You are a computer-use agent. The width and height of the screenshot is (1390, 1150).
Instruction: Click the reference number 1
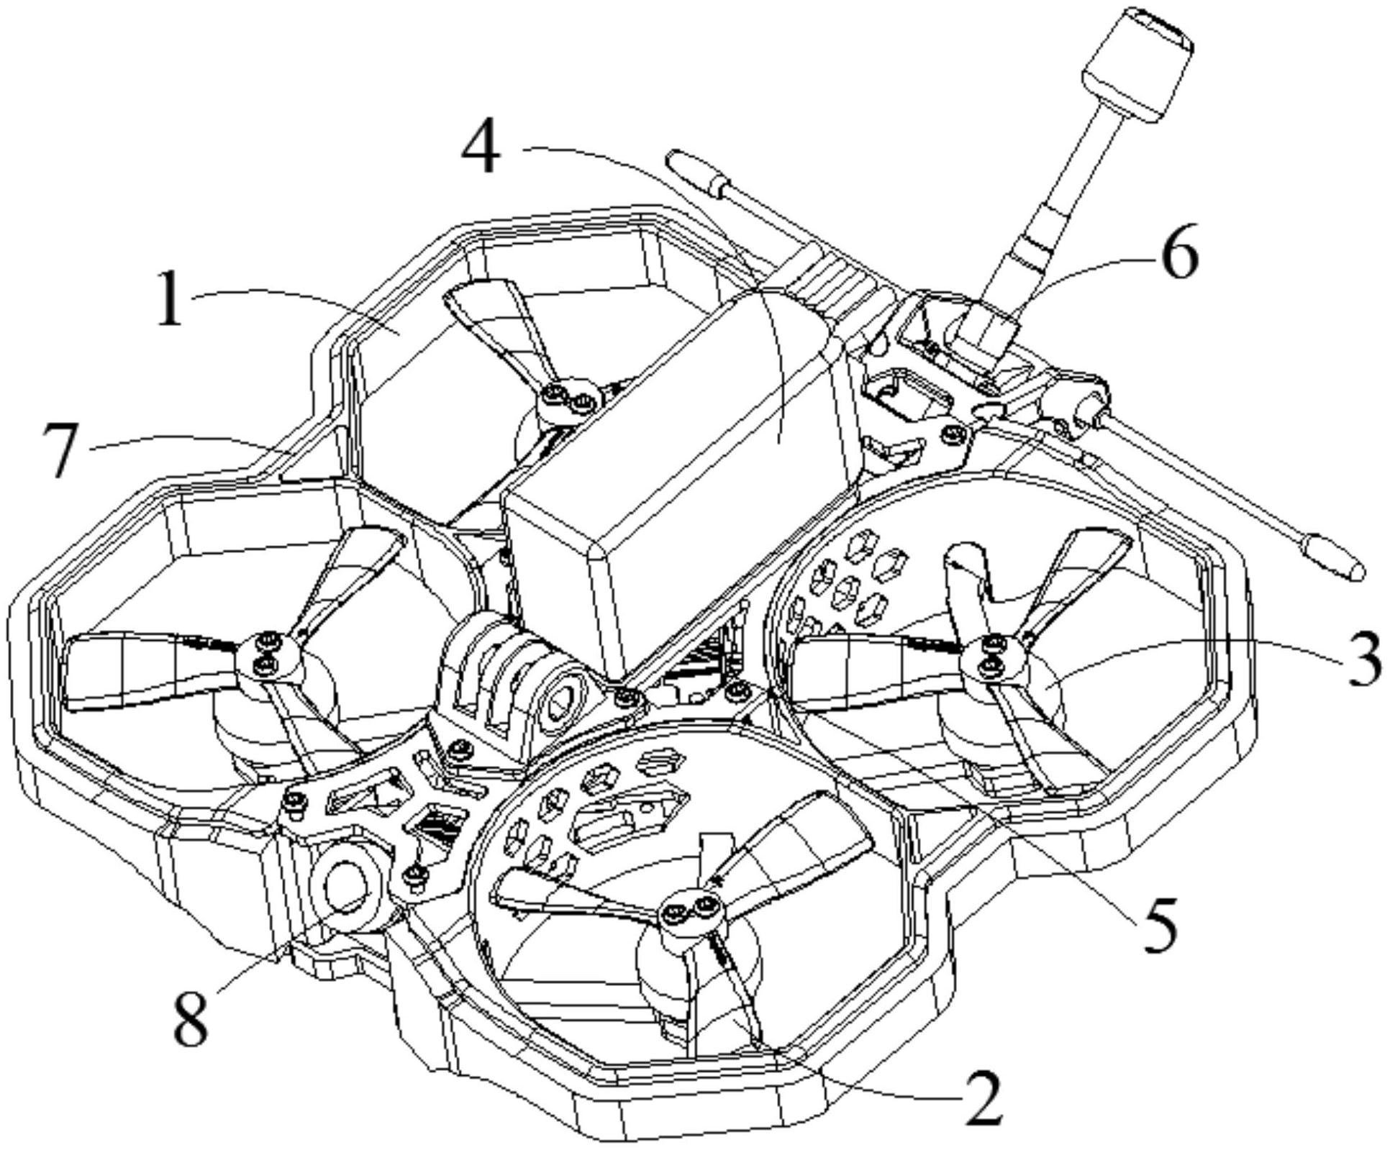170,296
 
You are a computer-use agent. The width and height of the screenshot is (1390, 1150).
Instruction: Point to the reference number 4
481,146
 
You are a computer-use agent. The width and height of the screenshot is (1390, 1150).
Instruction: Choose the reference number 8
191,1016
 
